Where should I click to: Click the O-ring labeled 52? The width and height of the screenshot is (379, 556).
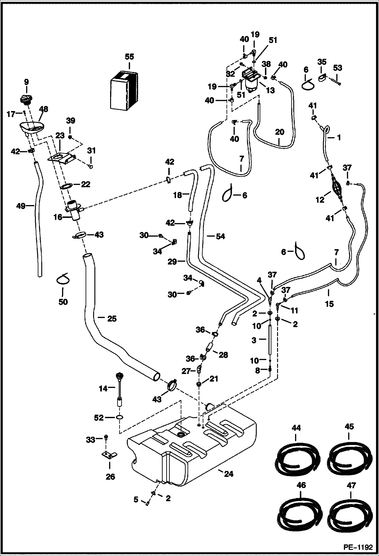[x=120, y=417]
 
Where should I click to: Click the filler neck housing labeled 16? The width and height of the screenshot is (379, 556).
[x=74, y=209]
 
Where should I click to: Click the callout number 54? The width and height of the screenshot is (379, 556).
[x=220, y=236]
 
